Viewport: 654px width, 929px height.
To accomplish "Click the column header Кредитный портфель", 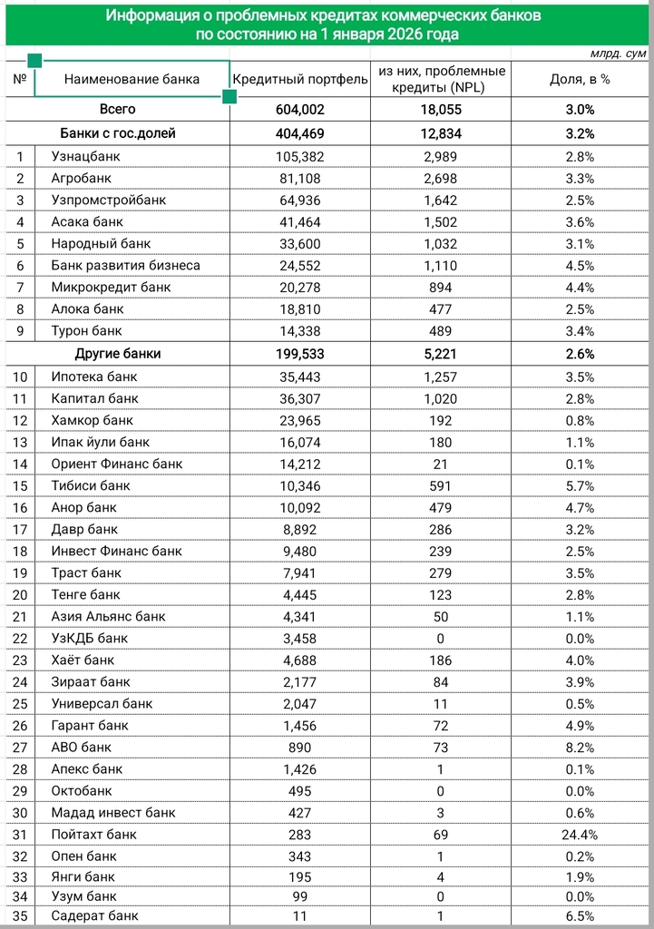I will [300, 79].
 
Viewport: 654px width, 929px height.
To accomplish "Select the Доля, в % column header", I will [580, 79].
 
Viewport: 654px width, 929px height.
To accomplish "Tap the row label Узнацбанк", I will [86, 157].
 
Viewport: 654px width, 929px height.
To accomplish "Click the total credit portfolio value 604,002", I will [300, 110].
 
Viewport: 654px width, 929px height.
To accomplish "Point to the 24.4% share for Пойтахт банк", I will [580, 835].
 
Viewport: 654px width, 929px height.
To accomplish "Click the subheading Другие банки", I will [117, 354].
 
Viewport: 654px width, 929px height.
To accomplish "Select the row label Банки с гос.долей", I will [117, 133].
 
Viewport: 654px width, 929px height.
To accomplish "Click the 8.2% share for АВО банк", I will [580, 748].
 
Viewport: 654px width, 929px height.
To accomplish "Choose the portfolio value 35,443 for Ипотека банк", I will [300, 376].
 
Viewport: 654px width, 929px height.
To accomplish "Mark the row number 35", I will [19, 916].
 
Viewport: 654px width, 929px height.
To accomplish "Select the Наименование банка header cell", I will [132, 79].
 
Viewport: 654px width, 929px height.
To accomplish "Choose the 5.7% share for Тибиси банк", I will [580, 486].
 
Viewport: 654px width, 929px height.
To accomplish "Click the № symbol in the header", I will [19, 79].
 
